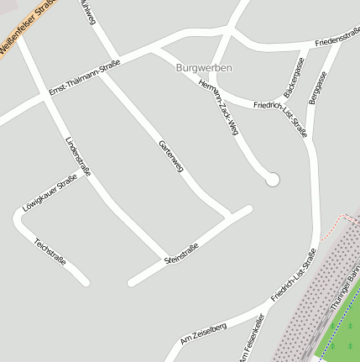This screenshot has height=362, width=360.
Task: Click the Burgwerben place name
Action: pyautogui.click(x=205, y=67)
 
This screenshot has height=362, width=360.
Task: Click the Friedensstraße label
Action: pyautogui.click(x=337, y=36)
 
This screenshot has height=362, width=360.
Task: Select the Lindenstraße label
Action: pyautogui.click(x=78, y=157)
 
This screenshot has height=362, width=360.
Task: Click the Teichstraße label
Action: pyautogui.click(x=50, y=254)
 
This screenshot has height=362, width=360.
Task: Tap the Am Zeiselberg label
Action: pyautogui.click(x=203, y=333)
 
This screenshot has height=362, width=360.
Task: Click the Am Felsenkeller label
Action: pyautogui.click(x=251, y=338)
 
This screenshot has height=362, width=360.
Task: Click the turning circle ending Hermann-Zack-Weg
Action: pyautogui.click(x=271, y=179)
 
